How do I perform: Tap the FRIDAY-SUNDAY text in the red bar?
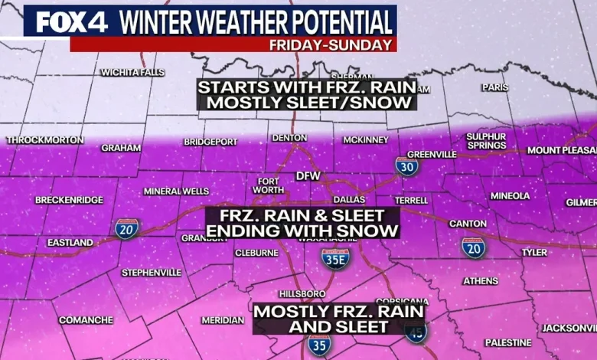tap(331, 45)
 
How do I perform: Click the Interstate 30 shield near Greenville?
tap(406, 165)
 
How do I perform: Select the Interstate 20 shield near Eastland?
tap(127, 227)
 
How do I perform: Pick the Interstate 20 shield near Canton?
tap(473, 247)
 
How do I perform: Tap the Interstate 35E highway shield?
tap(335, 260)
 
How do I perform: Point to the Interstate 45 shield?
tap(416, 332)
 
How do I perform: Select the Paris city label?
tap(494, 87)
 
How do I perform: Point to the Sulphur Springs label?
tap(486, 141)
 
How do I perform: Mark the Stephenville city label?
tap(152, 272)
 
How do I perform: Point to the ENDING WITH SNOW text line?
tap(302, 231)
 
